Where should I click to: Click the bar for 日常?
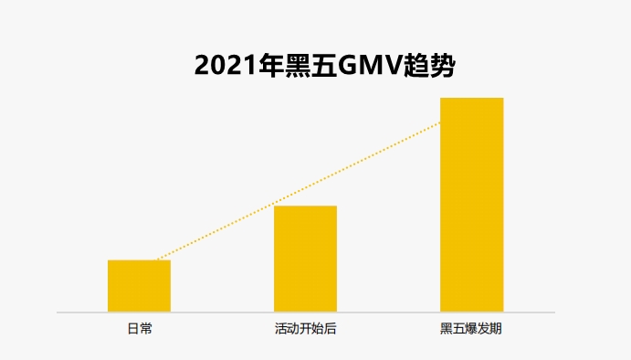(139, 286)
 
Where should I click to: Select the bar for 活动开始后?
(305, 259)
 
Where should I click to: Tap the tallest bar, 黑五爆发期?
(471, 205)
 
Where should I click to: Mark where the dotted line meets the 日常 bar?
(157, 260)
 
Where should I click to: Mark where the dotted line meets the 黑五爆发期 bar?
(440, 123)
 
